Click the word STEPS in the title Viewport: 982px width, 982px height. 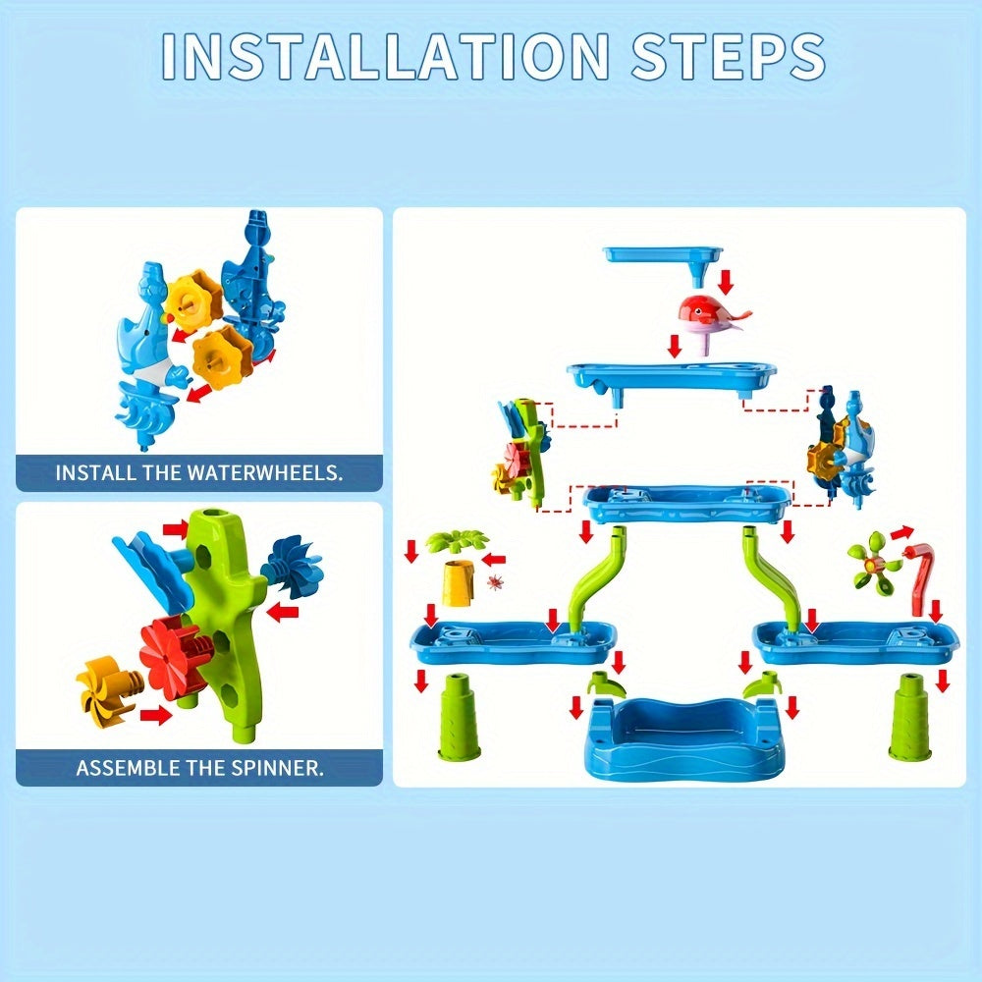729,56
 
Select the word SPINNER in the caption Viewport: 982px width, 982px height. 274,767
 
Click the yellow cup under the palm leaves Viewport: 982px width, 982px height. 456,584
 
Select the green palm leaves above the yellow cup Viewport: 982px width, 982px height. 457,540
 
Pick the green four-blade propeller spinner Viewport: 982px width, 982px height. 870,563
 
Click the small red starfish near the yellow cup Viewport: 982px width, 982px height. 495,583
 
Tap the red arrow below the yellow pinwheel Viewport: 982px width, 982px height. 155,715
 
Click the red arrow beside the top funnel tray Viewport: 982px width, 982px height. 726,281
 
